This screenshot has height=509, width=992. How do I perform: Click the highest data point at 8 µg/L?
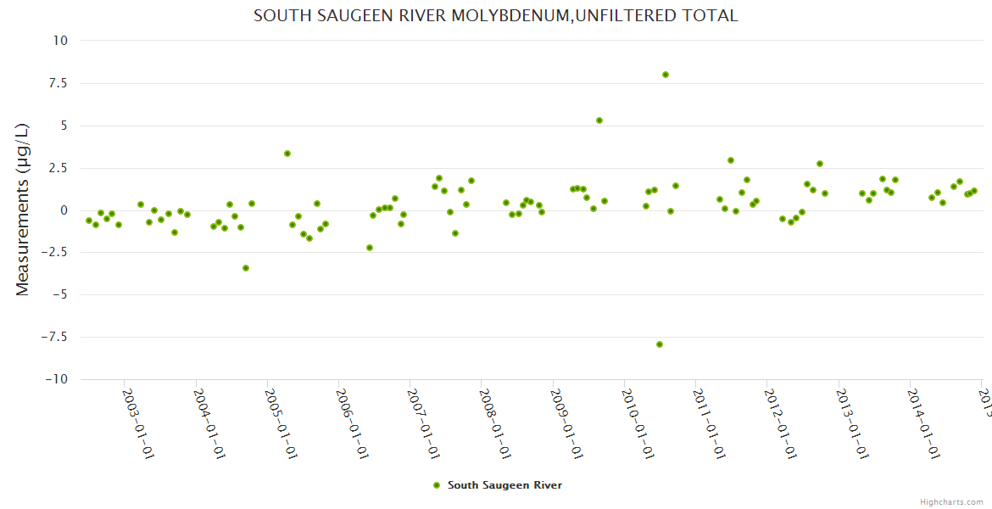click(666, 75)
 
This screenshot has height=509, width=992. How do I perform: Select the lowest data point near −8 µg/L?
click(660, 344)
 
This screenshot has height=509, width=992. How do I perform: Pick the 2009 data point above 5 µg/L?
click(599, 120)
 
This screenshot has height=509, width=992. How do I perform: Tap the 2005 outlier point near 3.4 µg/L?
click(287, 154)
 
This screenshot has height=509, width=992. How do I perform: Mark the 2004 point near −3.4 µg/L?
click(246, 268)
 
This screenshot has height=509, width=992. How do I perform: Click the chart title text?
click(495, 15)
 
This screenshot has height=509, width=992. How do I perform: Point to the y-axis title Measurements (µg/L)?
click(23, 210)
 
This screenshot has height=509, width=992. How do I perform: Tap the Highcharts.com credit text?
click(951, 501)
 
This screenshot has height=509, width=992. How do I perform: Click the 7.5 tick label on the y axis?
click(58, 83)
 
